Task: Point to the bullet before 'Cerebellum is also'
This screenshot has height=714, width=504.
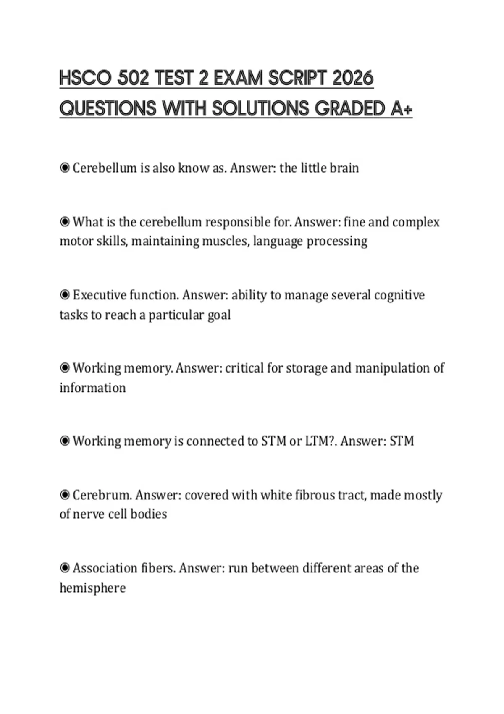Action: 65,168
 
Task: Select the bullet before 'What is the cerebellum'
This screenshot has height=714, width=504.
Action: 65,221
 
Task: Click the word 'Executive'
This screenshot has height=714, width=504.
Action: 99,295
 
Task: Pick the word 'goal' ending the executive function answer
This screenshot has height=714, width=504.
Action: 219,315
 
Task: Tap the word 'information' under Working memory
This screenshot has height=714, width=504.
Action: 92,387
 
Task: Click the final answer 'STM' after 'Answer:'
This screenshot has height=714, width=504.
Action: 402,441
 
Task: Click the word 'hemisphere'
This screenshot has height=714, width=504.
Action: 92,588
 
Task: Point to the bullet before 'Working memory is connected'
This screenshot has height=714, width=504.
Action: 65,441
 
